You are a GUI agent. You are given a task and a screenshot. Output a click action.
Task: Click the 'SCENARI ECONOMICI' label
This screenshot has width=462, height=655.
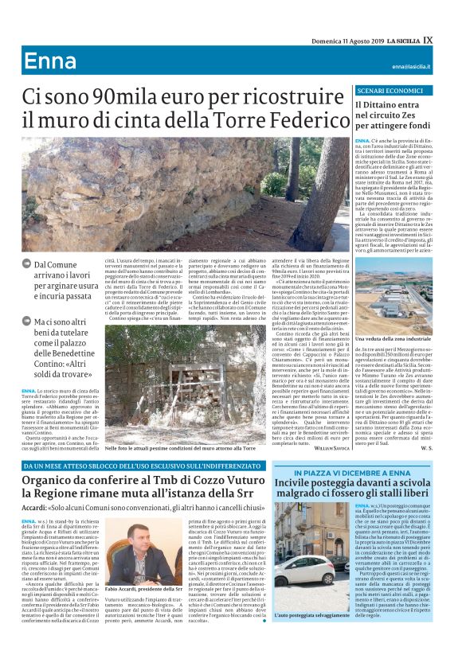(x=371, y=92)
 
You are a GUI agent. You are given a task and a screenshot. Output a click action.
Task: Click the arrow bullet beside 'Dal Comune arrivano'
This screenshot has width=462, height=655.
(x=27, y=263)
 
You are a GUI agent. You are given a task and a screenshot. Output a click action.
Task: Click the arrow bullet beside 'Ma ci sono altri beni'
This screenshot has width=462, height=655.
(x=27, y=322)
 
